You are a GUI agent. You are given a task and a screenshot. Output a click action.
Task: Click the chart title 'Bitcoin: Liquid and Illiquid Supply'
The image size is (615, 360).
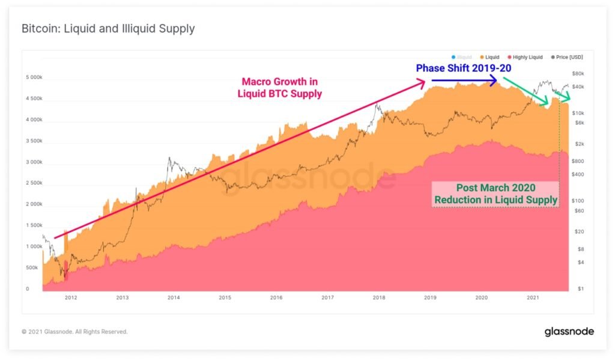(x=108, y=29)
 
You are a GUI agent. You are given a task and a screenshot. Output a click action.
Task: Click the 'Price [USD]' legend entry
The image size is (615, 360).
(x=565, y=57)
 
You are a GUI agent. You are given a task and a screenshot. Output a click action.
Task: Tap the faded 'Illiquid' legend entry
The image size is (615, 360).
(x=464, y=57)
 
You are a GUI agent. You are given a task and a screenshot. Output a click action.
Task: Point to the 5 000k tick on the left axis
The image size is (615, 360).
(x=34, y=78)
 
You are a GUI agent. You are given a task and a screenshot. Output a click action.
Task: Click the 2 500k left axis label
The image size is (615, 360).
(x=34, y=183)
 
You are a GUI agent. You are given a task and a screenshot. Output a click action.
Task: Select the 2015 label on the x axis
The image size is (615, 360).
(x=225, y=297)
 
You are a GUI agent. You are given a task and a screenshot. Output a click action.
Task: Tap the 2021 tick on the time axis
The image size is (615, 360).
(x=532, y=297)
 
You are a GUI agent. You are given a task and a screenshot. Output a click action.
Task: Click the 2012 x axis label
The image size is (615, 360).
(x=71, y=297)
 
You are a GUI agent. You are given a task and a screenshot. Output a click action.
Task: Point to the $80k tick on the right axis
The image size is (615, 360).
(x=578, y=74)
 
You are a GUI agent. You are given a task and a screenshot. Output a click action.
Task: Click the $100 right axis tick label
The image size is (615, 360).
(x=579, y=201)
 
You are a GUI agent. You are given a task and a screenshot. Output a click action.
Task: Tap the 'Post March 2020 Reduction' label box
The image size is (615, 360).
(x=495, y=194)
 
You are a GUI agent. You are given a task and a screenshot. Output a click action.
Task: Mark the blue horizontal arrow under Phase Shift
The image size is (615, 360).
(x=462, y=79)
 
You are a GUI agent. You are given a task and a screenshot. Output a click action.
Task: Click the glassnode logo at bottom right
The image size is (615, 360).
(x=569, y=331)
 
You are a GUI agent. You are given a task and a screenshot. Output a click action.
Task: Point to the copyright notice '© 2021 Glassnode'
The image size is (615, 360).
(x=75, y=331)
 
